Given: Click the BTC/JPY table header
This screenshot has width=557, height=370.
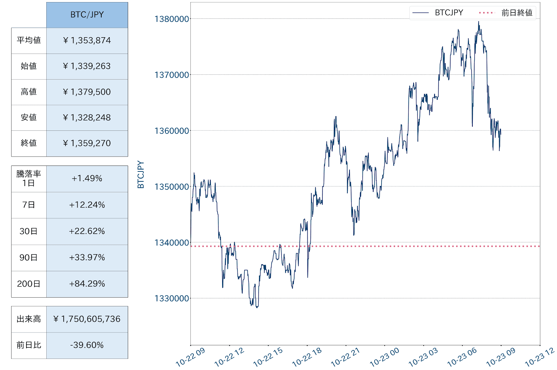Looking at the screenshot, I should tap(87, 15).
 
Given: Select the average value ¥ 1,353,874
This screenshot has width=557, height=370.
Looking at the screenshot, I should tap(87, 41).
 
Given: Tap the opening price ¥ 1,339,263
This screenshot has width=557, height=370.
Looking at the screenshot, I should tap(87, 66).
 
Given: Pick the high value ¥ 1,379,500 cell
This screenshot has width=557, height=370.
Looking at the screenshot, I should tap(87, 92).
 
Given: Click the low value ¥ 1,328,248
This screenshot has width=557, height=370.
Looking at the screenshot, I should tap(87, 118).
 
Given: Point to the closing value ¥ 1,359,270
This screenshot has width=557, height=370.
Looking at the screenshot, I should tap(87, 143).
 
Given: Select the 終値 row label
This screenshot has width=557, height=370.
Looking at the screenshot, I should tap(29, 143).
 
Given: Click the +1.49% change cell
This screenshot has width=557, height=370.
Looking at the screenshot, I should tap(87, 178).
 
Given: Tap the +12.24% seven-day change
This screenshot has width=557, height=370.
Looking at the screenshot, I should tap(87, 205).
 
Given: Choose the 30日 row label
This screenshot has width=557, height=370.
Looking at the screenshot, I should tap(29, 231).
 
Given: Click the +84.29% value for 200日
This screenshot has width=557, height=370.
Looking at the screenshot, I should tap(87, 284).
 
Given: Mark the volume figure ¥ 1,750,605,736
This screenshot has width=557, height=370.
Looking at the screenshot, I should tap(87, 319).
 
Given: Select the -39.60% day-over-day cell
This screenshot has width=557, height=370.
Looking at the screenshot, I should tap(87, 345).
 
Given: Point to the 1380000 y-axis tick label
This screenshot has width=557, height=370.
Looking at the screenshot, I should tap(172, 19).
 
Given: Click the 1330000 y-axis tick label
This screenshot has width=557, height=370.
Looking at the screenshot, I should tap(172, 298).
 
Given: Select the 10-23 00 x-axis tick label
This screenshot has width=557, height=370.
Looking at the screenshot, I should tap(384, 357).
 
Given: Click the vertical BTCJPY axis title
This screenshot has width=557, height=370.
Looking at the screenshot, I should tap(141, 175).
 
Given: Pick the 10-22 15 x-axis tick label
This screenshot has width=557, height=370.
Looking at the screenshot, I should tap(268, 357).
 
